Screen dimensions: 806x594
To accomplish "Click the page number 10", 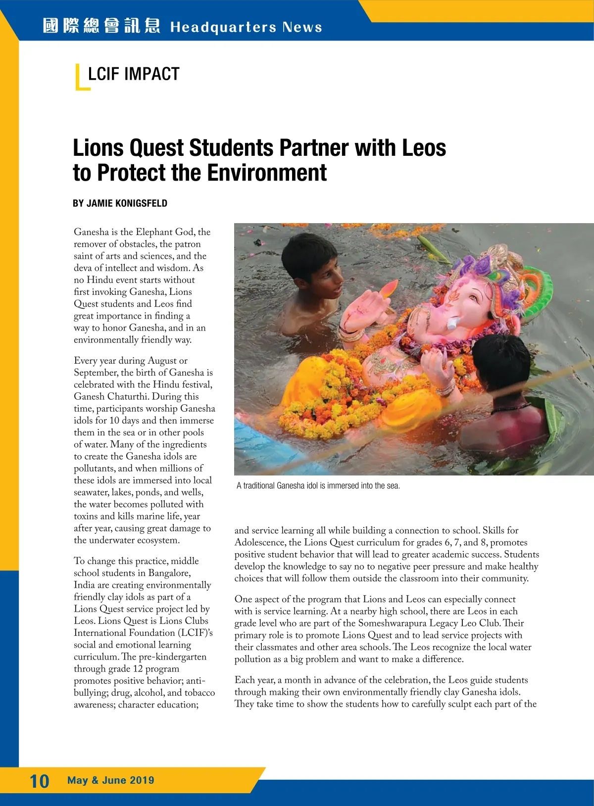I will (x=40, y=781).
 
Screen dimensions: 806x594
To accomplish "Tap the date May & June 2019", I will (x=111, y=780).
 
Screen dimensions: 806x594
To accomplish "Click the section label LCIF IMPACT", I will (x=133, y=74).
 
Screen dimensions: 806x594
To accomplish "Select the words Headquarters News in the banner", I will (x=246, y=27).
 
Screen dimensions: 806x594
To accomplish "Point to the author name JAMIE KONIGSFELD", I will (x=127, y=203).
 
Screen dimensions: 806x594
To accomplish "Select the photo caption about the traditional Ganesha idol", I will (x=318, y=485).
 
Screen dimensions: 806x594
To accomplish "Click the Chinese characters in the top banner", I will (x=101, y=26).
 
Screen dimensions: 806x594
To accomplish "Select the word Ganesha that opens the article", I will (x=91, y=232).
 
